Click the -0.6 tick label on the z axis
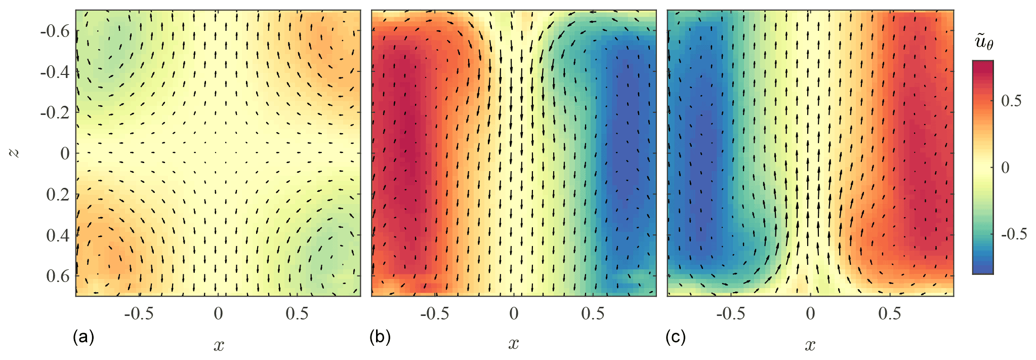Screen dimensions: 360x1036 (x=55, y=31)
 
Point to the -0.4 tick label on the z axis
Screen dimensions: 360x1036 (x=55, y=72)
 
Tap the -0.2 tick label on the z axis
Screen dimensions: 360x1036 (x=55, y=112)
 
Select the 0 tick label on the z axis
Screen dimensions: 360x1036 (x=65, y=153)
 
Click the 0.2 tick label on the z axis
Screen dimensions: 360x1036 (x=58, y=194)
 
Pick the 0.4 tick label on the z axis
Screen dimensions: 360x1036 (x=58, y=235)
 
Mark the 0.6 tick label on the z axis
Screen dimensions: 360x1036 (x=58, y=276)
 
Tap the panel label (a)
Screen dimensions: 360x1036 (x=84, y=337)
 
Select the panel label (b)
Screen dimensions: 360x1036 (x=380, y=337)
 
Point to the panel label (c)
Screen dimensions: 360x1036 (x=676, y=337)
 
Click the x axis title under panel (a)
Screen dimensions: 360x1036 (x=219, y=346)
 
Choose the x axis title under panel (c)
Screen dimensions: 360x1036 (x=810, y=346)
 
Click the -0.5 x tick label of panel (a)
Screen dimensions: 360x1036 (x=139, y=314)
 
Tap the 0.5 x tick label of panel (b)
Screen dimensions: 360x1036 (x=593, y=314)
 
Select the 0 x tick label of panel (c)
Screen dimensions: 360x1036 (x=810, y=314)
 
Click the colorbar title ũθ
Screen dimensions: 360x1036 (x=984, y=43)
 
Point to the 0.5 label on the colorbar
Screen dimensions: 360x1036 (x=1011, y=101)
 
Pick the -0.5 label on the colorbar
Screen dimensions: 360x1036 (x=1014, y=234)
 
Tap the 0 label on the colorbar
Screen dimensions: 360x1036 (x=1005, y=168)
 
